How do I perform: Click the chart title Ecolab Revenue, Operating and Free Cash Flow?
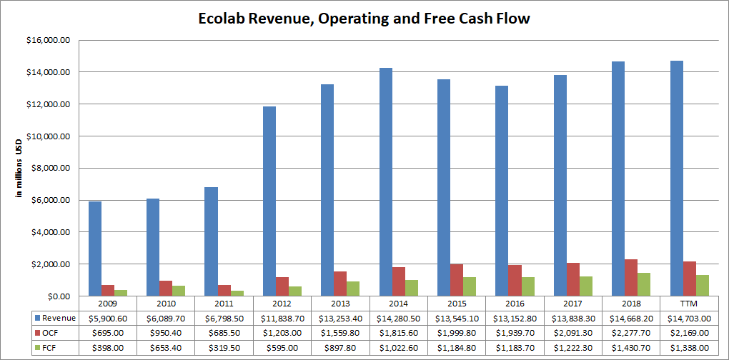coord(364,19)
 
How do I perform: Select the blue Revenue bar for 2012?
coord(269,201)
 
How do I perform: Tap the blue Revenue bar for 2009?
coord(94,249)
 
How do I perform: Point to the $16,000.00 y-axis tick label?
coord(48,40)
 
